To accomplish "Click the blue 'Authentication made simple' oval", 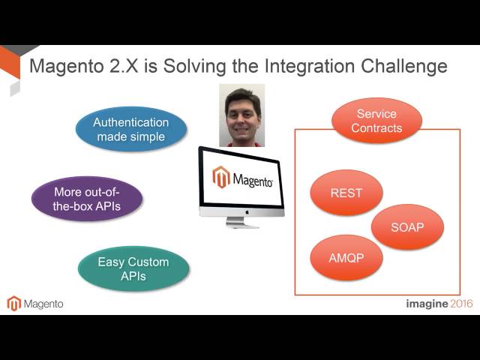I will (x=131, y=130).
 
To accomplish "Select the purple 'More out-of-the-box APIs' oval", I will (x=87, y=199).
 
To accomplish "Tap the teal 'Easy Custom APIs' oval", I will (x=133, y=269).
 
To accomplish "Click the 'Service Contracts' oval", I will (x=376, y=121).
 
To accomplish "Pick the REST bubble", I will (x=346, y=193).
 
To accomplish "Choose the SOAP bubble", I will (x=407, y=227).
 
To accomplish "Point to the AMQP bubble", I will (x=346, y=258).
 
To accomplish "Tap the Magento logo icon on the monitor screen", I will (x=220, y=178).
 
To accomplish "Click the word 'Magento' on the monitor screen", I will (x=253, y=180).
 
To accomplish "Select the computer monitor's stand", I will (x=241, y=222).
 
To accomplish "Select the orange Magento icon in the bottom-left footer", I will (x=13, y=304).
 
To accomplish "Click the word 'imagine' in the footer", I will (x=426, y=304).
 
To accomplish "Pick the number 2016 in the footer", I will (x=461, y=304).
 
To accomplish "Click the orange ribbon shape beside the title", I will (x=10, y=64).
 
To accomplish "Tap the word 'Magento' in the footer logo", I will (x=43, y=304).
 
